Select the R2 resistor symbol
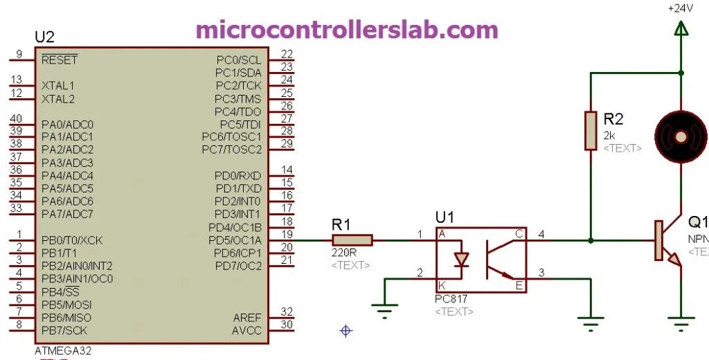tap(591, 130)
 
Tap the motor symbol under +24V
tap(682, 136)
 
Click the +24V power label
tap(681, 9)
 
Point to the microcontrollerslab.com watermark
tap(347, 30)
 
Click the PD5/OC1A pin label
tap(235, 240)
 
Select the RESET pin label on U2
tap(60, 60)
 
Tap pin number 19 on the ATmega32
tap(287, 234)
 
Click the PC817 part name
tap(451, 299)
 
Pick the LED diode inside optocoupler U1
tap(460, 260)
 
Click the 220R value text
tap(344, 253)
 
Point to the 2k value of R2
tap(609, 136)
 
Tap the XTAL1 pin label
tap(58, 86)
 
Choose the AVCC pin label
tap(247, 330)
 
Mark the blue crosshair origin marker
tap(346, 331)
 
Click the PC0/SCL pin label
tap(239, 60)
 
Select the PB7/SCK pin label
tap(64, 330)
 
